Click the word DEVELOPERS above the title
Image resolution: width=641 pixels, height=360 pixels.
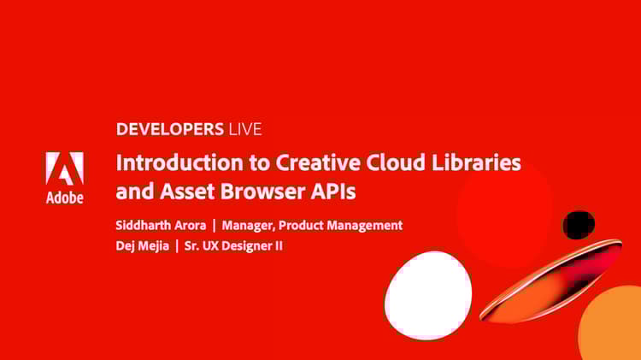click(169, 130)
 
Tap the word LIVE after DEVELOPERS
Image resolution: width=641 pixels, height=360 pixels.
click(244, 130)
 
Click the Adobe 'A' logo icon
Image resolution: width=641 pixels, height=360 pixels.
click(64, 168)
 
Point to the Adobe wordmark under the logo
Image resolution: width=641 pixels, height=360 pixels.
click(64, 198)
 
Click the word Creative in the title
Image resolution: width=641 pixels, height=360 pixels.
click(309, 162)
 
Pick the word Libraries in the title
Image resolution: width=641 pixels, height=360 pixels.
click(479, 162)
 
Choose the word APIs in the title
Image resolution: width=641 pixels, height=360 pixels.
click(334, 192)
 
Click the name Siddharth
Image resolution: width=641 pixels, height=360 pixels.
click(144, 226)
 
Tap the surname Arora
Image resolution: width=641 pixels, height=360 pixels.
click(190, 226)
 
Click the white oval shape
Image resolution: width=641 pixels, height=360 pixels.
click(428, 295)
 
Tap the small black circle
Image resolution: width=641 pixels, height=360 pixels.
click(578, 225)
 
